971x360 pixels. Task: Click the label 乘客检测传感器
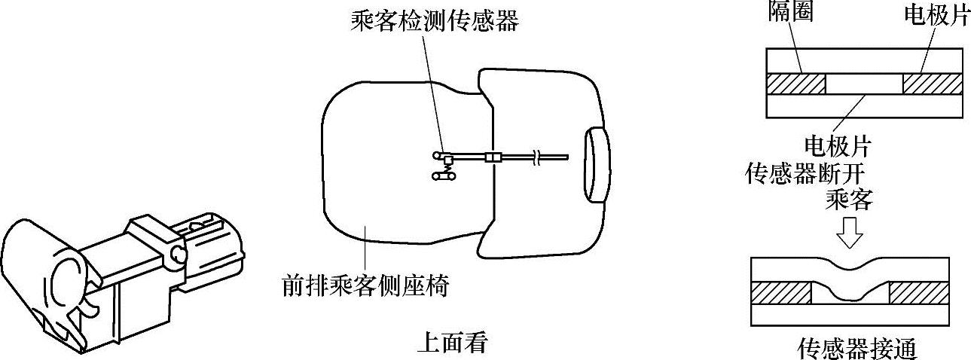point(435,20)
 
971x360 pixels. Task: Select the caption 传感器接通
point(856,349)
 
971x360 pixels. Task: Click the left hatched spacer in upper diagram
point(796,84)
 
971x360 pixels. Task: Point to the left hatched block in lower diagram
point(780,293)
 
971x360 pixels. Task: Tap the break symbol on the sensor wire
point(536,157)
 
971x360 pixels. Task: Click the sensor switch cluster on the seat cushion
point(445,166)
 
